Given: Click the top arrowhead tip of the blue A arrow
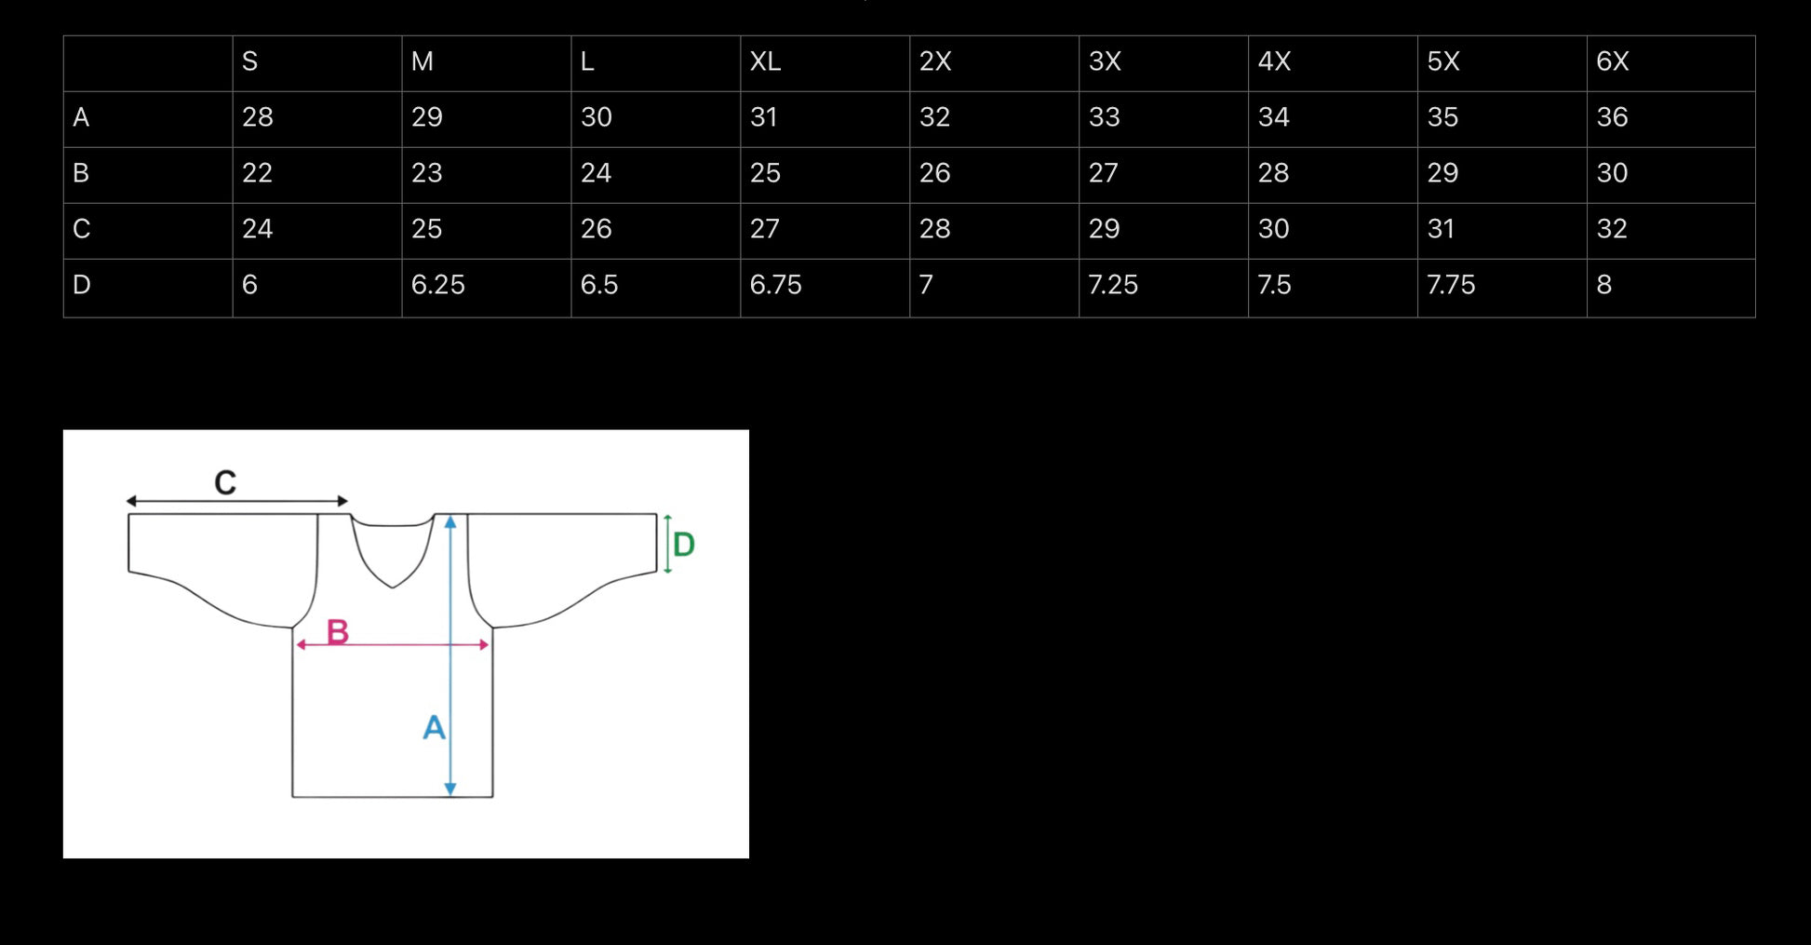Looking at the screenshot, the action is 450,515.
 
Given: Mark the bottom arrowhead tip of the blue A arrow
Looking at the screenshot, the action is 450,797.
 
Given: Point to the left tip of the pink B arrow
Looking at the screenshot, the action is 296,644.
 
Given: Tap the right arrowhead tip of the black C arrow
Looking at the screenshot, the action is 348,501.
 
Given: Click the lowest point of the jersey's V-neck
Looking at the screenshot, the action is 392,587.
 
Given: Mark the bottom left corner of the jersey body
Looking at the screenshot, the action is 292,797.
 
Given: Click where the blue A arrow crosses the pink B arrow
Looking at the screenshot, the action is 450,644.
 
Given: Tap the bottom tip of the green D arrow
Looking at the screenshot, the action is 667,573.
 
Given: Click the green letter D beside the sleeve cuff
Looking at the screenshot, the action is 684,545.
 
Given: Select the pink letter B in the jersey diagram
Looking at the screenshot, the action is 338,632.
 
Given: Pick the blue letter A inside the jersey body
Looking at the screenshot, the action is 434,727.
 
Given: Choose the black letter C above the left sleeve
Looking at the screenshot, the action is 225,482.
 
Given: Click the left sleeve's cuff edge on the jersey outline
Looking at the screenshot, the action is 128,543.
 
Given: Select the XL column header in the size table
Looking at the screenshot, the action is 765,61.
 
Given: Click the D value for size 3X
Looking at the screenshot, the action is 1113,285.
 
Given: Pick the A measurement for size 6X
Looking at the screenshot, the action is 1612,117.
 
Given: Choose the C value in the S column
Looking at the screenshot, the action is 257,229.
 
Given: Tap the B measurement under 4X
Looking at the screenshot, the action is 1273,173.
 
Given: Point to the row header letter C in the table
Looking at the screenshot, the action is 82,229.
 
